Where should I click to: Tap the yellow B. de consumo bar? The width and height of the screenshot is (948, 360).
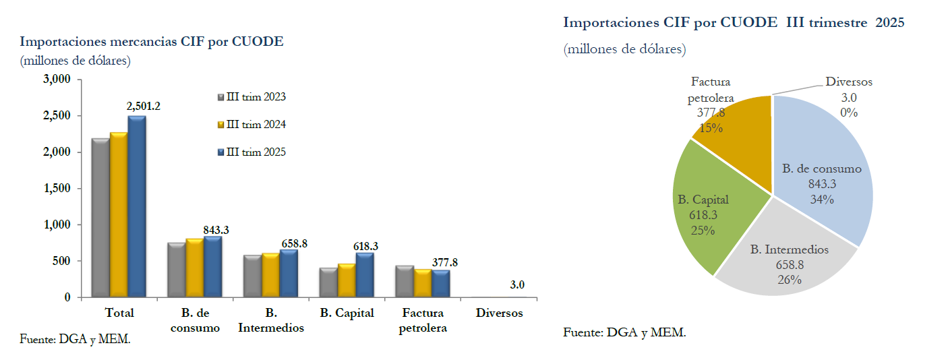pyautogui.click(x=195, y=268)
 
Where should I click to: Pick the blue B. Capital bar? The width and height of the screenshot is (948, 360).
pyautogui.click(x=365, y=275)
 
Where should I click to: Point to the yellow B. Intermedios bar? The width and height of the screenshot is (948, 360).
pyautogui.click(x=271, y=275)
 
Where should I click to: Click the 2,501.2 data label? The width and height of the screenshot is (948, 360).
pyautogui.click(x=143, y=106)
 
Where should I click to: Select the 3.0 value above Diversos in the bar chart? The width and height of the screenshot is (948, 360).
pyautogui.click(x=517, y=285)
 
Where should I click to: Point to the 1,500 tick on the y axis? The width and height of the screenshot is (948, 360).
pyautogui.click(x=57, y=189)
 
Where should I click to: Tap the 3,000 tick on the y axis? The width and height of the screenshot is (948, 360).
pyautogui.click(x=57, y=80)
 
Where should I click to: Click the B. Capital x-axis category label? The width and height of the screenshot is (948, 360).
pyautogui.click(x=347, y=313)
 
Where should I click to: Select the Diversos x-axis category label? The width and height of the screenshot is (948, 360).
pyautogui.click(x=499, y=313)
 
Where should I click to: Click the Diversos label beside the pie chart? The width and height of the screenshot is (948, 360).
pyautogui.click(x=848, y=82)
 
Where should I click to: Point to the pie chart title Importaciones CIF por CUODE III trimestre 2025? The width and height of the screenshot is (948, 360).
pyautogui.click(x=734, y=23)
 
